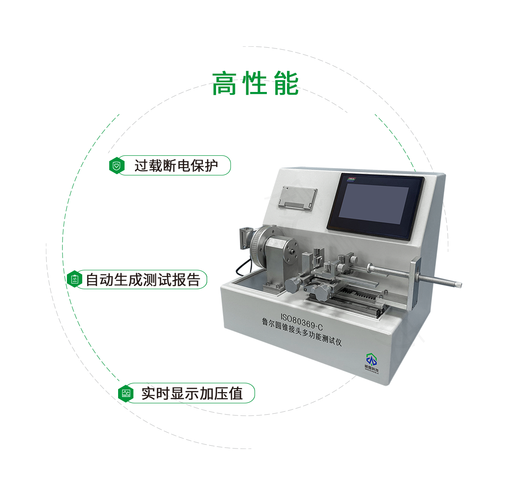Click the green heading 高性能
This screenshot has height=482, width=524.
tap(255, 84)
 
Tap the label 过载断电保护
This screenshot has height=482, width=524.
tap(176, 165)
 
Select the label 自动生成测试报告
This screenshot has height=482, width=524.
tap(143, 280)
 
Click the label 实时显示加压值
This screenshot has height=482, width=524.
tap(192, 393)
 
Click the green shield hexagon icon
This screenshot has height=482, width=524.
tap(116, 166)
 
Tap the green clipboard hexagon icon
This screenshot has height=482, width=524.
tap(75, 279)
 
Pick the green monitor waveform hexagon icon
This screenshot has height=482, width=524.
tap(126, 393)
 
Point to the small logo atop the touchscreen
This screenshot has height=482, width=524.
tap(351, 179)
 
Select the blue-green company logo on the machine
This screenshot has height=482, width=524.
tap(371, 359)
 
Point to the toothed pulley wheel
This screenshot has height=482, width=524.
tap(256, 246)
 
